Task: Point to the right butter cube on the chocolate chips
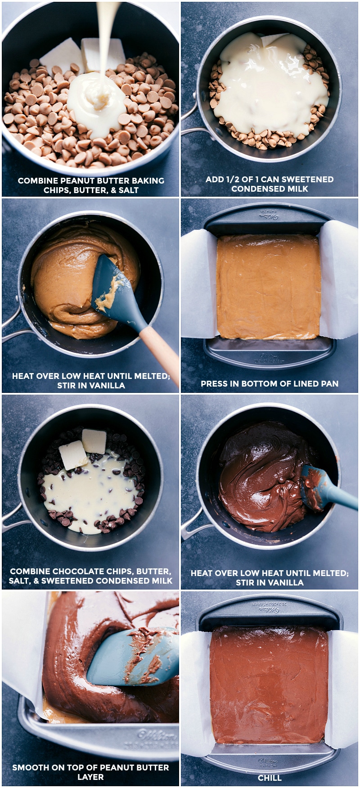click(94, 441)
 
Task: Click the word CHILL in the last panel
click(270, 778)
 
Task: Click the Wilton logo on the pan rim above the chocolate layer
click(269, 610)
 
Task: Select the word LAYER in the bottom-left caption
click(90, 777)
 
